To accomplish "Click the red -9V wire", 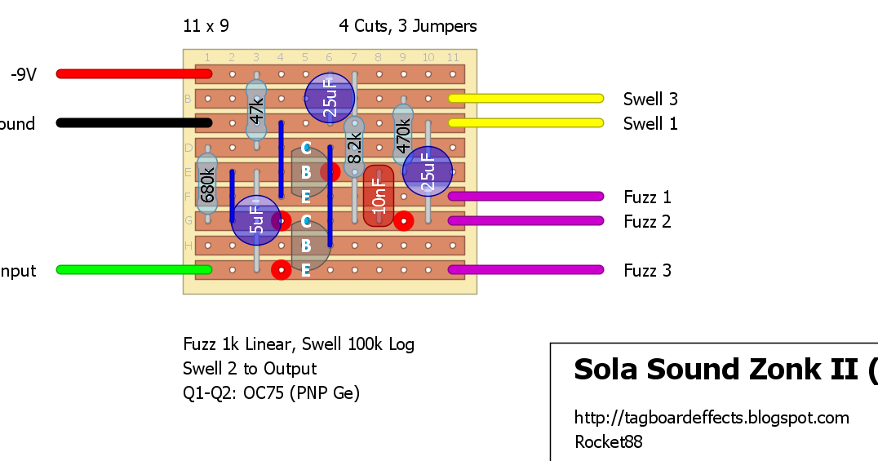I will (x=131, y=73).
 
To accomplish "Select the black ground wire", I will (x=131, y=123).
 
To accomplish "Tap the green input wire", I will (x=131, y=269).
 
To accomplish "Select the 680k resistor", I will (x=207, y=184).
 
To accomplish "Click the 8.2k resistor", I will (x=353, y=147).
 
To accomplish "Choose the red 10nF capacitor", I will (x=378, y=196).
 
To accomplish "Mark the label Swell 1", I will (x=650, y=124).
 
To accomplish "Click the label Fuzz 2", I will (x=647, y=222).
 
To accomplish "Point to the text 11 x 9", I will (x=206, y=26).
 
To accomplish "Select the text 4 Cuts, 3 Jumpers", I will (x=407, y=26).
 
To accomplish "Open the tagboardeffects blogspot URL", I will (x=712, y=418).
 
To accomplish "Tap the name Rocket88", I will (x=608, y=442).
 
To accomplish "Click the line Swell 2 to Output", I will (x=250, y=369).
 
